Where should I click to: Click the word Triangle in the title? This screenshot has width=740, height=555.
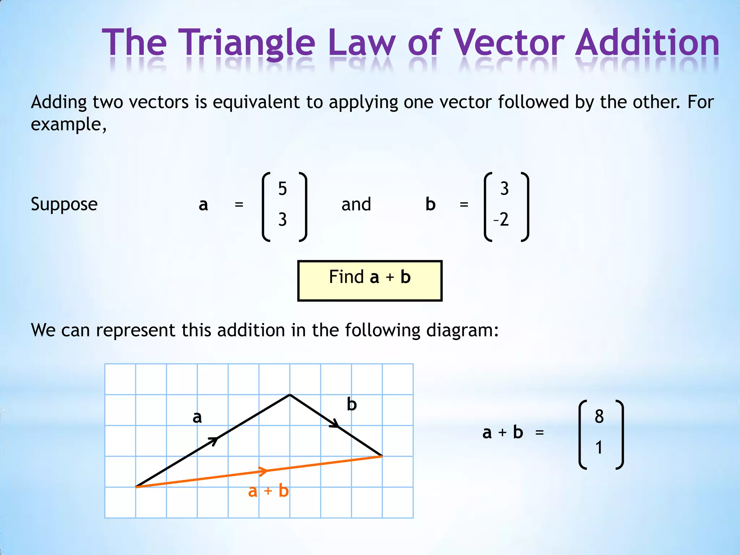click(247, 43)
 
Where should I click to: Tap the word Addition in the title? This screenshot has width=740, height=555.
click(647, 43)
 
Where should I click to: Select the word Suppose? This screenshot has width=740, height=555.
click(64, 205)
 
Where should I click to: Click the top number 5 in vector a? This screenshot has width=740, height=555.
click(283, 189)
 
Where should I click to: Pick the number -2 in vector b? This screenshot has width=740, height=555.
click(502, 219)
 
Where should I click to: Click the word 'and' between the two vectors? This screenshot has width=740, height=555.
click(356, 205)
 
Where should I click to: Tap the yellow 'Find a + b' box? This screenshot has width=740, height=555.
click(370, 280)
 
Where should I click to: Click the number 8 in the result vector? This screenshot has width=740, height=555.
click(599, 416)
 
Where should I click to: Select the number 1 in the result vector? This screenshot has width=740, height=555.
click(599, 448)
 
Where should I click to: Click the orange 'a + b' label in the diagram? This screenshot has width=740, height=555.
click(268, 491)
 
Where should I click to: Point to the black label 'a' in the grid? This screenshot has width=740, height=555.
click(197, 417)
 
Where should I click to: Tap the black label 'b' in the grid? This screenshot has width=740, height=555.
click(352, 404)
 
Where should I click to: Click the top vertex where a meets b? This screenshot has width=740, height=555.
click(290, 395)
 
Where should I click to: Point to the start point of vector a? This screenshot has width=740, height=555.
click(136, 487)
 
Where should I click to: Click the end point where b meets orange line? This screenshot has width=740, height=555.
click(382, 456)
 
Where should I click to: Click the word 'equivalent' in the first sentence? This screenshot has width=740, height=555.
click(256, 103)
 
